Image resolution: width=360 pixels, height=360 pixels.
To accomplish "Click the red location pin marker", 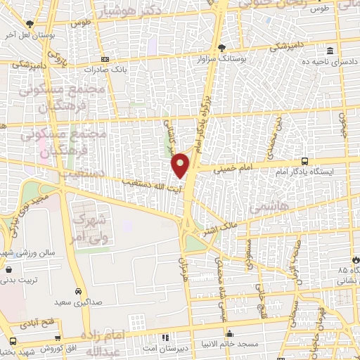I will [x=181, y=164].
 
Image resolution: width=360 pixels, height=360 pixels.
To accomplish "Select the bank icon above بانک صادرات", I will [x=104, y=59].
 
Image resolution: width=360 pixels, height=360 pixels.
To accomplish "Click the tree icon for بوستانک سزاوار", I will [x=223, y=48].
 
